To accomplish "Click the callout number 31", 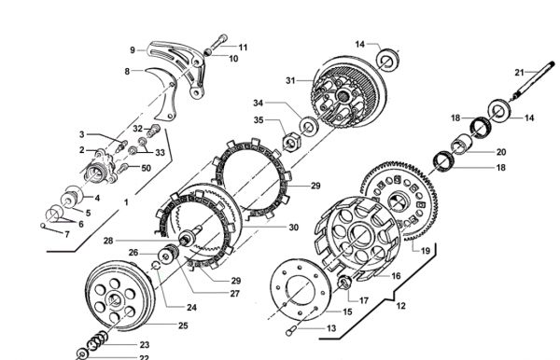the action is [x=290, y=81].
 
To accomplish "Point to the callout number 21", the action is [x=519, y=73].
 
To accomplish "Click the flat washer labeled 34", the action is [x=308, y=127].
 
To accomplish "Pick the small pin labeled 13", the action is [x=289, y=332].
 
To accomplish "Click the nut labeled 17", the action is [x=344, y=283].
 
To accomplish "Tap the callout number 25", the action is [x=183, y=325].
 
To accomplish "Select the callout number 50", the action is [x=147, y=168].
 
